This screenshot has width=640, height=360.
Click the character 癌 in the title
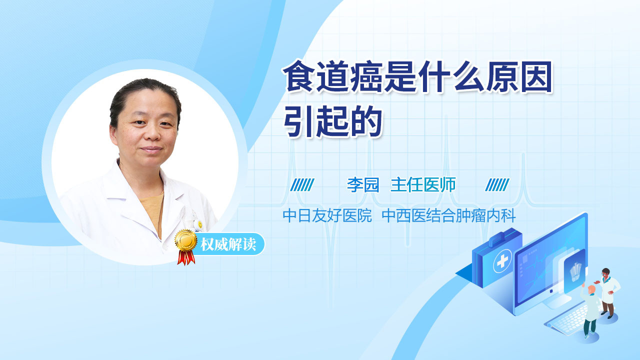pyautogui.click(x=367, y=76)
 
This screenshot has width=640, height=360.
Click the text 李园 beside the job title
pyautogui.click(x=363, y=185)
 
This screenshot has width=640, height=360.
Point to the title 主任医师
pyautogui.click(x=423, y=185)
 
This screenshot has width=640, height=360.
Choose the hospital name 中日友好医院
pyautogui.click(x=327, y=215)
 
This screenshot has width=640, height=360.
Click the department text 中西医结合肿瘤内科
pyautogui.click(x=449, y=215)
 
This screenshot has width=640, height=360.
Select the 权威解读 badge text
pyautogui.click(x=228, y=244)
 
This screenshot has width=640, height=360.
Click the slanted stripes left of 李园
pyautogui.click(x=302, y=185)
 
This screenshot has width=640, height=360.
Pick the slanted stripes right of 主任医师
pyautogui.click(x=497, y=185)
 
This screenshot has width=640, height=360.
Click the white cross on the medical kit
pyautogui.click(x=502, y=260)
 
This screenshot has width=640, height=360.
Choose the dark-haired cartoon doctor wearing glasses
pyautogui.click(x=608, y=293)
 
